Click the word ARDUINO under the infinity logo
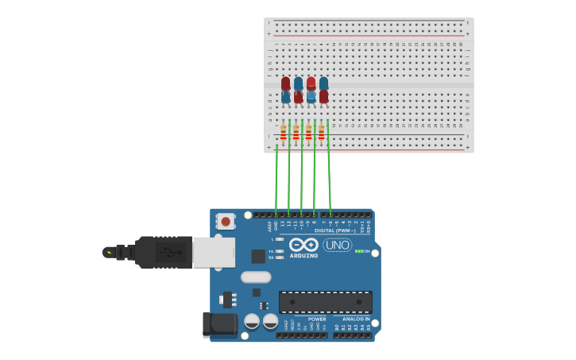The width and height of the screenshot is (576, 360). click(x=303, y=256)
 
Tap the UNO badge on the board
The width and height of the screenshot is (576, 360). click(x=337, y=245)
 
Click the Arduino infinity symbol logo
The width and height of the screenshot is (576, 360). click(x=303, y=244)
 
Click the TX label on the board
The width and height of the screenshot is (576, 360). click(x=271, y=251)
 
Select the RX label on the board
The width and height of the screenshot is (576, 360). click(x=271, y=257)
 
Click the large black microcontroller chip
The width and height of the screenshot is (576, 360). click(x=325, y=302)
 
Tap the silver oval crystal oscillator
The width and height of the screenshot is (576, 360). click(x=256, y=277)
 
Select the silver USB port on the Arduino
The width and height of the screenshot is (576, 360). click(x=214, y=252)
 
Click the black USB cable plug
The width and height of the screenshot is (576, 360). click(x=163, y=253)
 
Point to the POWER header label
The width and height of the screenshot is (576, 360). click(x=317, y=319)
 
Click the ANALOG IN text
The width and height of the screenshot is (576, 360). click(x=356, y=319)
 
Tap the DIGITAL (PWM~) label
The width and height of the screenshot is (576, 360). click(x=334, y=230)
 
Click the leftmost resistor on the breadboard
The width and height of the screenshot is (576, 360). click(x=283, y=133)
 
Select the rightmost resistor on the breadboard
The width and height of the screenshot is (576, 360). click(x=321, y=133)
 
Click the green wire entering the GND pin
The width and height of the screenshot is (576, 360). click(x=276, y=183)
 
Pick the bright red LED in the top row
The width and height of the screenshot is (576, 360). click(x=311, y=83)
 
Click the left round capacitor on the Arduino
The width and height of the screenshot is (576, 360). click(x=252, y=321)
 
